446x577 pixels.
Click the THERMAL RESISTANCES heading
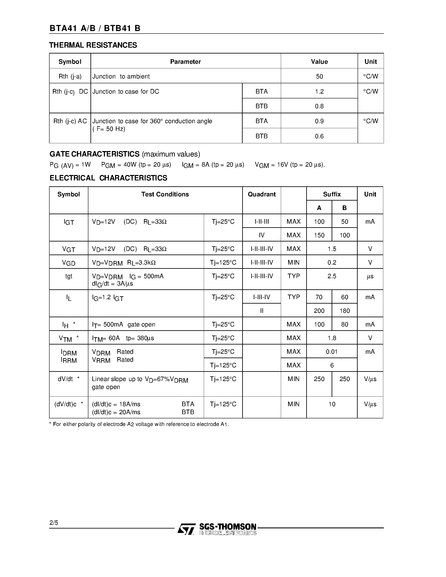93,45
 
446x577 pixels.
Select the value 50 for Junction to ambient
319,76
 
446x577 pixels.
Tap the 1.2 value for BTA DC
319,91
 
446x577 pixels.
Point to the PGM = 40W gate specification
136,165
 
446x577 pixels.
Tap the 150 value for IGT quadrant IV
319,235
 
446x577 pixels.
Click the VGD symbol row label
69,263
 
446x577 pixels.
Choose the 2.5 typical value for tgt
332,276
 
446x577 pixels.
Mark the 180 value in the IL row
345,311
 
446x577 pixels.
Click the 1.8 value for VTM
332,338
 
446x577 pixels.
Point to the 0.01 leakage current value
332,352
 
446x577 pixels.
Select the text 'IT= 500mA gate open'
124,324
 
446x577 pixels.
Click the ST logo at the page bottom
186,529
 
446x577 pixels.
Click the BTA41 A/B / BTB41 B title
95,28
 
